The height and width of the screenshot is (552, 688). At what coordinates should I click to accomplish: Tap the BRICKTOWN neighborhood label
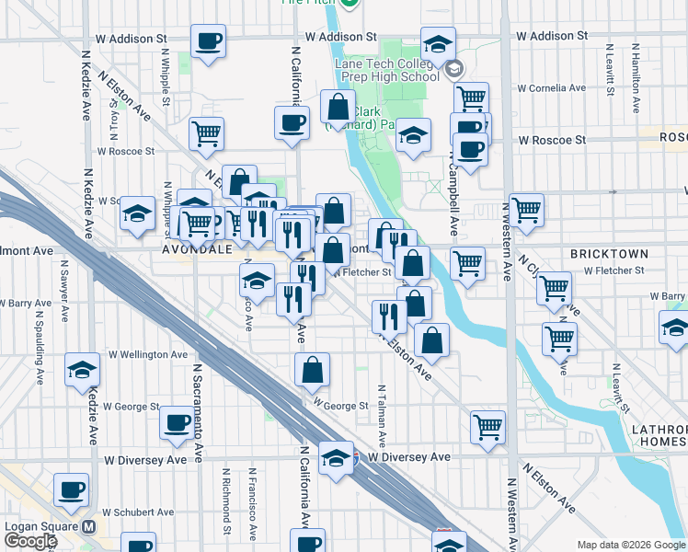[608, 253]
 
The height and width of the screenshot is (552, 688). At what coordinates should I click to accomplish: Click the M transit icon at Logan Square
[89, 527]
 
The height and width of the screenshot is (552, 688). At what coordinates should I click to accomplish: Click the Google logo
[30, 541]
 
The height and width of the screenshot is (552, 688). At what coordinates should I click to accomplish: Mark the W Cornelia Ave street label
[551, 89]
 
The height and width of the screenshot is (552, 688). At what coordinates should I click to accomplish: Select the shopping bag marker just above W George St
[313, 371]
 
